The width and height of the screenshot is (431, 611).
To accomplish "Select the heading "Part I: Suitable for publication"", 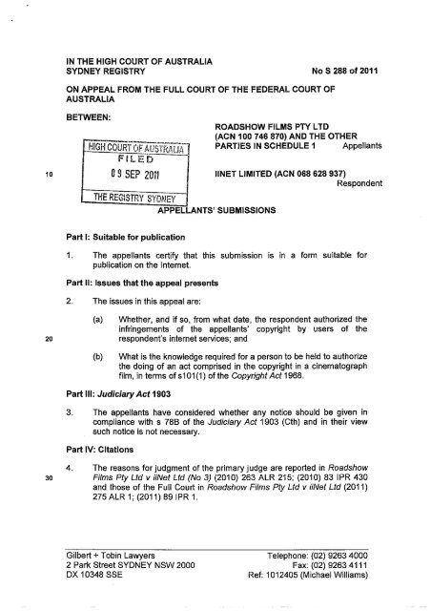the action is [115, 233].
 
